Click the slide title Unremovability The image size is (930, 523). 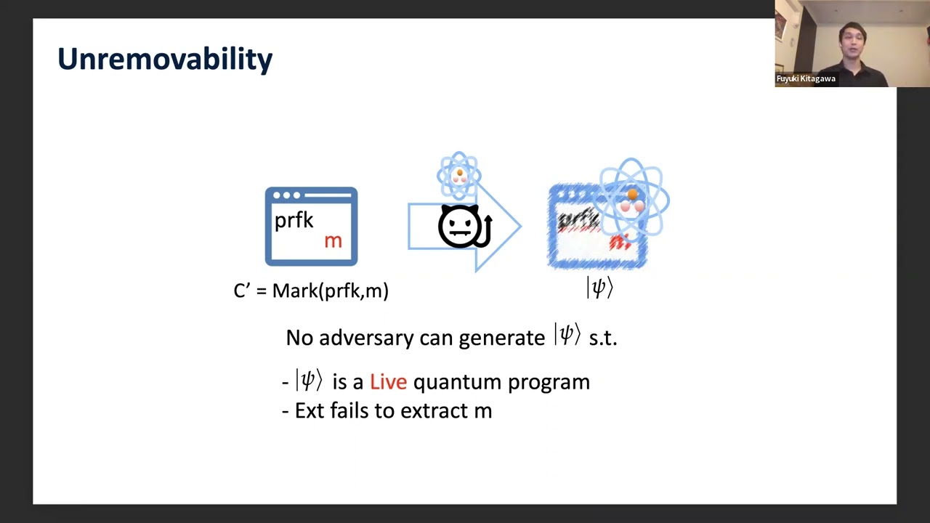tap(165, 59)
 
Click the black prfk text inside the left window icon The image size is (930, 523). tap(294, 220)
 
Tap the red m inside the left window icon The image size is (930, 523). tap(333, 241)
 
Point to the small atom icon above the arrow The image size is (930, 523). tap(459, 175)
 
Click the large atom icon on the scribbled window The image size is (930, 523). tap(632, 198)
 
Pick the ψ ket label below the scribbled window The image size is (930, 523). tap(599, 288)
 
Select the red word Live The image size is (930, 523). tap(388, 381)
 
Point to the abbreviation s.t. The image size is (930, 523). tap(602, 338)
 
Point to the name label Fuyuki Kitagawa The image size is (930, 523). tap(806, 78)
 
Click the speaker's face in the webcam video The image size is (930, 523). tap(851, 36)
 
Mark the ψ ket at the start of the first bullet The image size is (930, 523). tap(309, 381)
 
